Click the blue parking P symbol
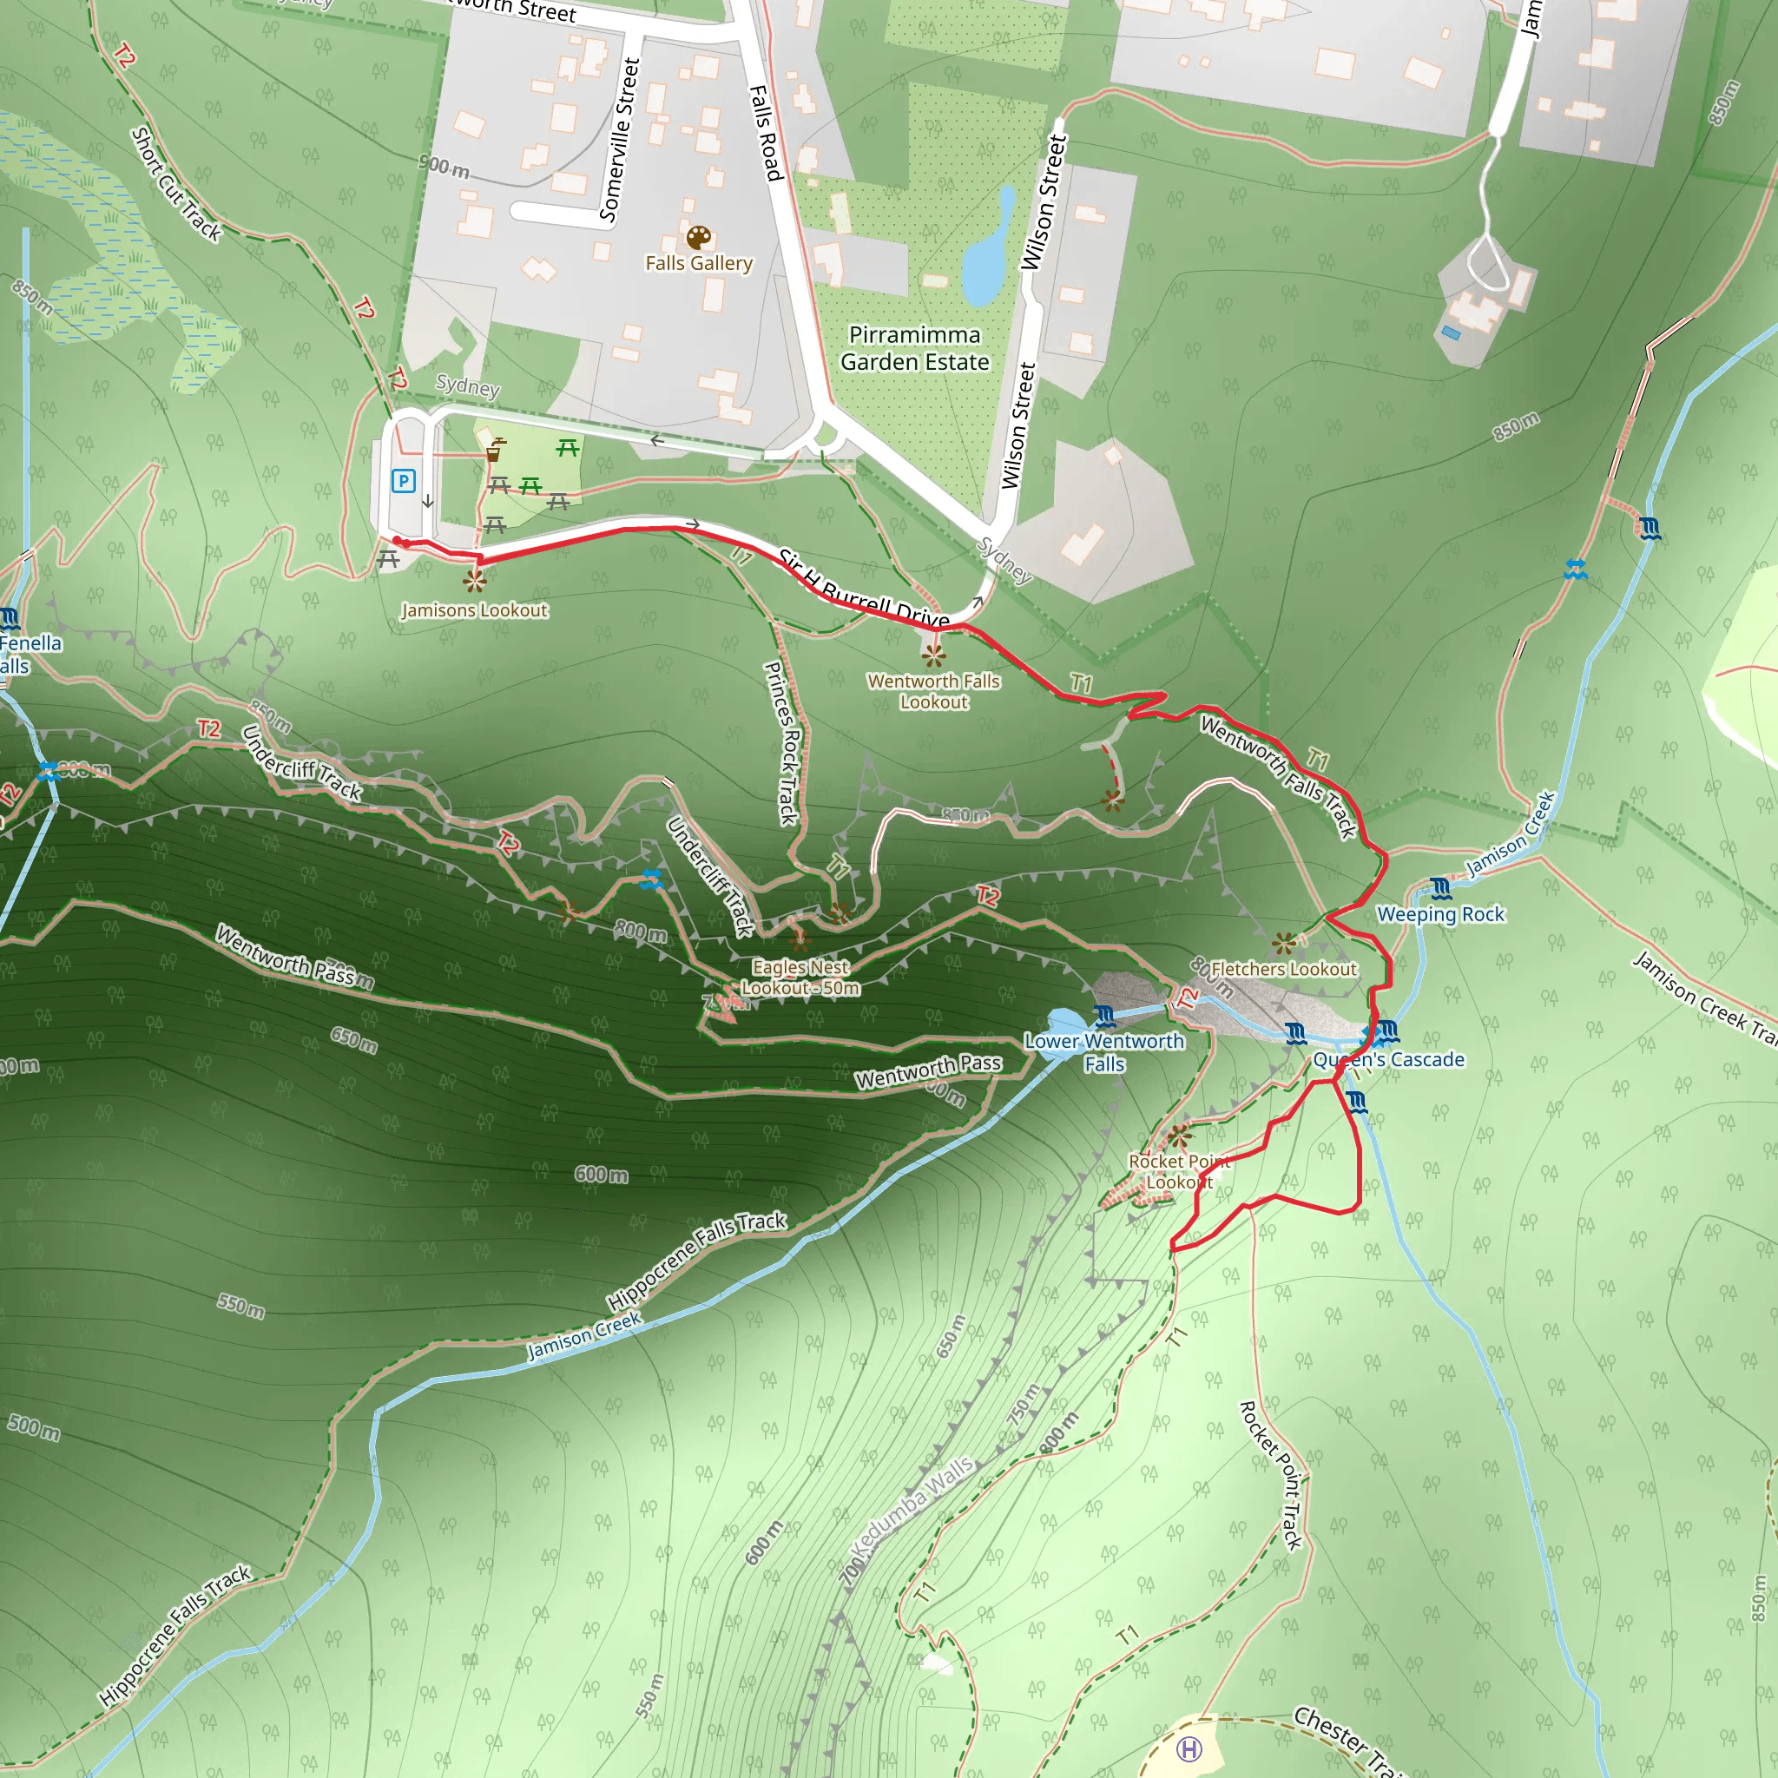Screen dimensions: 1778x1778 coord(403,480)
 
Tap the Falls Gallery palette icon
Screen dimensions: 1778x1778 coord(699,237)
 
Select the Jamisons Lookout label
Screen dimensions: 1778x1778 coord(474,610)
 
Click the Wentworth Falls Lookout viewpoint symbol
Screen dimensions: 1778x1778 coord(933,655)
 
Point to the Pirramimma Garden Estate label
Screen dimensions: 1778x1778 coord(915,348)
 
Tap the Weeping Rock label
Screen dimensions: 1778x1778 coord(1440,914)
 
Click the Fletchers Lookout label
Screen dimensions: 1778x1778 coord(1283,969)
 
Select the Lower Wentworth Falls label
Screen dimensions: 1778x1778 coord(1104,1052)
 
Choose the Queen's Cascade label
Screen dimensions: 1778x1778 coord(1388,1059)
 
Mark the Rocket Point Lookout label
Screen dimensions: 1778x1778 coord(1179,1171)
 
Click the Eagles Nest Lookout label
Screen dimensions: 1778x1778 coord(800,978)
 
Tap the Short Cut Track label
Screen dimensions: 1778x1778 coord(175,185)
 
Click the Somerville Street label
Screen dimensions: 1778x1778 coord(619,140)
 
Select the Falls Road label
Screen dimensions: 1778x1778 coord(766,133)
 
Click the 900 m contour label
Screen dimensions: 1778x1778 coord(444,167)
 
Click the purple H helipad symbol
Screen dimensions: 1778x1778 coord(1189,1748)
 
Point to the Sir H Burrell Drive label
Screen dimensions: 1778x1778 coord(863,589)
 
